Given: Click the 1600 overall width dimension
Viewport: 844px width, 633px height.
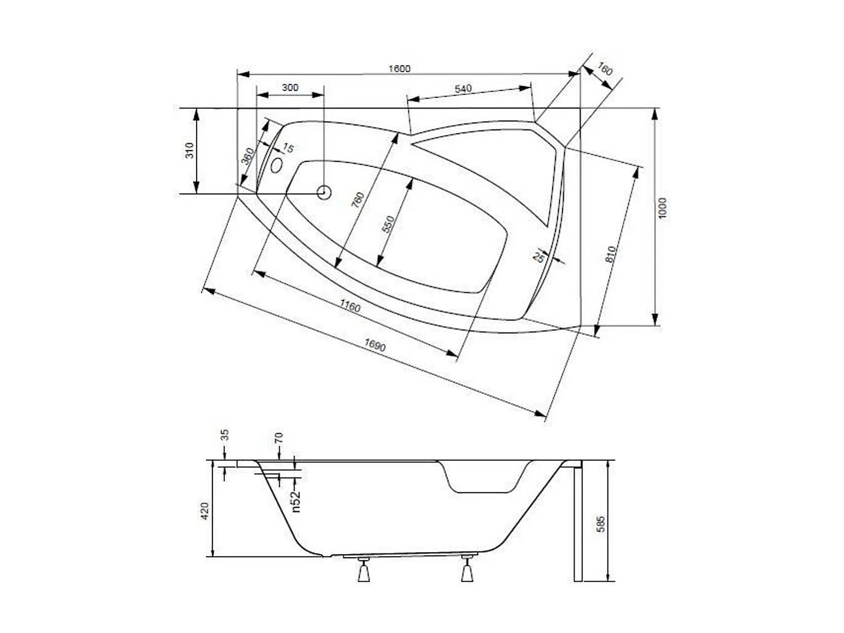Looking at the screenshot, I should [x=399, y=68].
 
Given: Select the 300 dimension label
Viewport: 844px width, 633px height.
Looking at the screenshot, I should [x=290, y=88].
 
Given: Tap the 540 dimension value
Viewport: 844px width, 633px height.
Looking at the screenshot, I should [x=463, y=89].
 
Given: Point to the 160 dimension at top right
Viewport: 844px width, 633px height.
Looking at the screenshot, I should [x=605, y=70].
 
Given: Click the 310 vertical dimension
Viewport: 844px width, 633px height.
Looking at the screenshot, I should [x=190, y=150].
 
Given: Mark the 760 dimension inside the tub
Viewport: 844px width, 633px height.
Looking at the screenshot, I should [x=358, y=200].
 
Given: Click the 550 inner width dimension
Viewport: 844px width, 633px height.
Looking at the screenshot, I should [x=388, y=224].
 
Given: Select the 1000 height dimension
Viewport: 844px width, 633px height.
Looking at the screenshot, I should [x=662, y=208].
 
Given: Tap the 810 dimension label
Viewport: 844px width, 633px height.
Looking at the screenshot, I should [x=611, y=255].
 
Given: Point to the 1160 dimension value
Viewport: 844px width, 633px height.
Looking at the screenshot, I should [x=349, y=306].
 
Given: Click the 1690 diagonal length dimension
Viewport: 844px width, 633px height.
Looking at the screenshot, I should [x=375, y=346].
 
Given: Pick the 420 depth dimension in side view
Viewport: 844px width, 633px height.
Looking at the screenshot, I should [x=205, y=510].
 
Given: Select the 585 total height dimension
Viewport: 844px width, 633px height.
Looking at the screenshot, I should [x=601, y=524].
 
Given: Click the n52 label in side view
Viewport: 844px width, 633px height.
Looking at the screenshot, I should [x=296, y=500].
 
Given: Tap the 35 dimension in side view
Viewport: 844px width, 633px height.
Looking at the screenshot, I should [x=225, y=435].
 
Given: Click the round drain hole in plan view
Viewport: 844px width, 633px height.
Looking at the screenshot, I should [x=324, y=192].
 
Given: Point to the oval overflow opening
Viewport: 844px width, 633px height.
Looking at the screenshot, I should [x=277, y=165].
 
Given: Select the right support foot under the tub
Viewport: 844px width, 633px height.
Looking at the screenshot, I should [x=467, y=571].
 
